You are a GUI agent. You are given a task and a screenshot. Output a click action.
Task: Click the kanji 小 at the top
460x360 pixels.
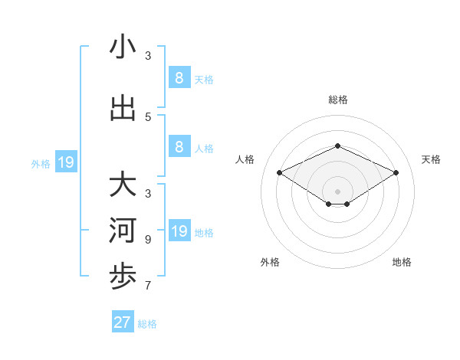tap(123, 47)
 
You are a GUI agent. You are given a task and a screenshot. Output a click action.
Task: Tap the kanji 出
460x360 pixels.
tap(123, 108)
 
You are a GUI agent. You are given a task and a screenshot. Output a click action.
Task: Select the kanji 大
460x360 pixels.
tap(123, 185)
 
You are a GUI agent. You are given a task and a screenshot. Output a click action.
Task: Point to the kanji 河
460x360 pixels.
tap(123, 231)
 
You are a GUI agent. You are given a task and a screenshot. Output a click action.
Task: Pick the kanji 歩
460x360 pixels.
tap(123, 278)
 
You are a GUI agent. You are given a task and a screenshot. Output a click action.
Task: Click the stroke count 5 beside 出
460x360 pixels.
tap(148, 117)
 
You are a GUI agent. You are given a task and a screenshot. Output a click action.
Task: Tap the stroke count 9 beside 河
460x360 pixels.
tap(148, 240)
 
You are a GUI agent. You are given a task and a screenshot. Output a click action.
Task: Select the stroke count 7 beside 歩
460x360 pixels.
tap(148, 286)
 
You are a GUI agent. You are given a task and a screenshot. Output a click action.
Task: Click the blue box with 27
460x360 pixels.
tap(123, 322)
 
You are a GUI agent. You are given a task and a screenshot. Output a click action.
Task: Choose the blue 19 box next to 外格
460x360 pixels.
tap(66, 162)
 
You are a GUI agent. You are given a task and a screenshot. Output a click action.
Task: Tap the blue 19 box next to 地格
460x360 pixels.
tap(179, 231)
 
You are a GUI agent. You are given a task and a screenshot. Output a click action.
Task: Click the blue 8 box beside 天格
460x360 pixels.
tap(179, 77)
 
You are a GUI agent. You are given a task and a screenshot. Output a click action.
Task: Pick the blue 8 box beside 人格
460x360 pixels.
tap(179, 147)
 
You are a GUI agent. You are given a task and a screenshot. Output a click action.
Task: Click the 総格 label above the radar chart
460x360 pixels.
tap(338, 100)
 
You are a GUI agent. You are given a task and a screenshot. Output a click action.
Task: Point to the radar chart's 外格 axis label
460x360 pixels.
tap(270, 263)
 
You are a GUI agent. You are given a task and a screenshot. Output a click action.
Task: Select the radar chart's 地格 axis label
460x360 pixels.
tap(402, 263)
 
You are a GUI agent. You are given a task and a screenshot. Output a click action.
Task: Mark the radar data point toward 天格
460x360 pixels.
tap(396, 172)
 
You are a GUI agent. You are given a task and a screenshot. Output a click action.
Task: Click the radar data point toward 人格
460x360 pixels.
tap(280, 172)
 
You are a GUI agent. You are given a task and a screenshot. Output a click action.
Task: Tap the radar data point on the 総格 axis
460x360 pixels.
tap(338, 146)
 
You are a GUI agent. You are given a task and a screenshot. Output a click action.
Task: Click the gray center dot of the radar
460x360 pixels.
tap(338, 191)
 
